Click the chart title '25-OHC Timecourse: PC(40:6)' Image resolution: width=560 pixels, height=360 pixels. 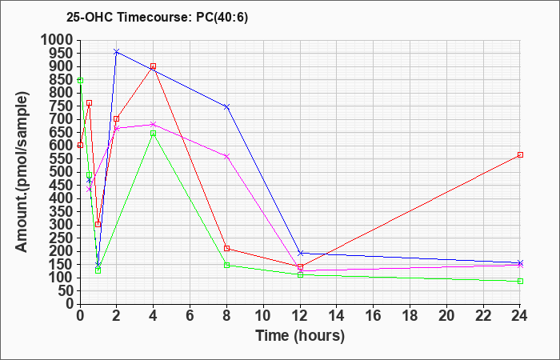coord(157,18)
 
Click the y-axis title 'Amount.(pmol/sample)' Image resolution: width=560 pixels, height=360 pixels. coord(22,172)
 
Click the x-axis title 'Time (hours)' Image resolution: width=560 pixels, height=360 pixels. coord(300,336)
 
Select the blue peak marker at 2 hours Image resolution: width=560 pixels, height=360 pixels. coord(117,52)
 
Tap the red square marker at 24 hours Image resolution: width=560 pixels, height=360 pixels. coord(520,155)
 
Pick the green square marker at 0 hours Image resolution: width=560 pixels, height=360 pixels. coord(80,80)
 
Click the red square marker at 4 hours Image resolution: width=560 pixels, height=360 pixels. coord(154,66)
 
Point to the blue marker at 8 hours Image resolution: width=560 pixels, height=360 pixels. coord(226,106)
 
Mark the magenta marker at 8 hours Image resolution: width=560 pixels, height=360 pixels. coord(226,157)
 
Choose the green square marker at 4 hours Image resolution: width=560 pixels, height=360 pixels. coord(154,134)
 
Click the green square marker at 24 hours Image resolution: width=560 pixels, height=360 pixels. coord(520,281)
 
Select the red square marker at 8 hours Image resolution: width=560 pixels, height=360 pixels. coord(226,249)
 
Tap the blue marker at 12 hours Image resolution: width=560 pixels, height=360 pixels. coord(300,253)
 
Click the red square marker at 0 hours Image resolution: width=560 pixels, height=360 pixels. coord(80,145)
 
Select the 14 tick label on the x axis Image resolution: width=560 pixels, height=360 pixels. coord(337,316)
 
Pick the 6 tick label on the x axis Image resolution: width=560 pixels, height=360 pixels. coord(190,316)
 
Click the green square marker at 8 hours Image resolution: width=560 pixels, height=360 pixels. coord(226,265)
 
